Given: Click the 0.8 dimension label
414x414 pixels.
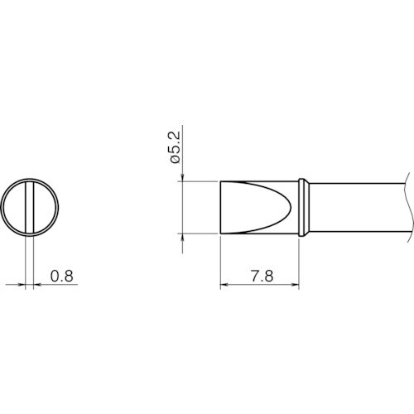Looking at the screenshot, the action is [x=62, y=276].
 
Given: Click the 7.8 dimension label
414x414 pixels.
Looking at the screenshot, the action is [x=262, y=276].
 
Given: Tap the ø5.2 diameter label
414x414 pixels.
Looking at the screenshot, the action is [x=175, y=147].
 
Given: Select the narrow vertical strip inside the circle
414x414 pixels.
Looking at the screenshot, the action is [x=30, y=207].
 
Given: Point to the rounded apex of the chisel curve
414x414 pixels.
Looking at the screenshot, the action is [x=291, y=207].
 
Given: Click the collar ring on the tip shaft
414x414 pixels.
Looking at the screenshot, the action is [x=304, y=208].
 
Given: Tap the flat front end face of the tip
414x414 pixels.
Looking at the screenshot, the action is [x=220, y=208].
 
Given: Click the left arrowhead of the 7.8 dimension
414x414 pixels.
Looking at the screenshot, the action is [x=224, y=284].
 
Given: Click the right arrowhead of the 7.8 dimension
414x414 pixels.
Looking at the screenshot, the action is [x=296, y=284].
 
